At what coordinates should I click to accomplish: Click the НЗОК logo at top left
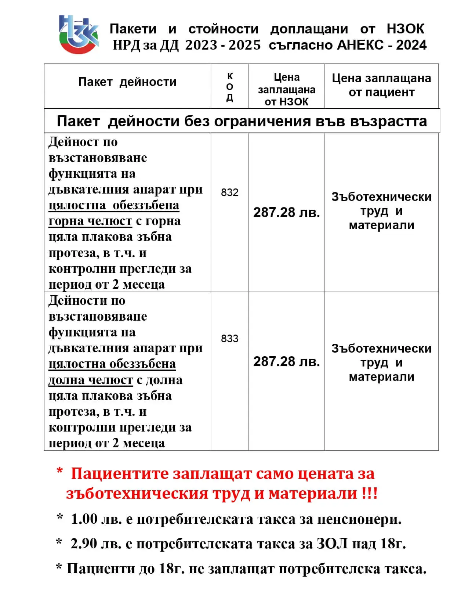click(79, 34)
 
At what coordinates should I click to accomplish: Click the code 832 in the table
click(230, 192)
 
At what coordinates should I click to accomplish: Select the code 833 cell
click(230, 338)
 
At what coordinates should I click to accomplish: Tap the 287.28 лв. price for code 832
click(286, 212)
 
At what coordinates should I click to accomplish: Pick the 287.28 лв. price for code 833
click(286, 361)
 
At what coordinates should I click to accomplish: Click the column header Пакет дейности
click(127, 82)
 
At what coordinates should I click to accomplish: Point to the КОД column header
click(230, 87)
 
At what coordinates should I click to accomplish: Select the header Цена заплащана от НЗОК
click(286, 90)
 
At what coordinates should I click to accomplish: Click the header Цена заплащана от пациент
click(381, 85)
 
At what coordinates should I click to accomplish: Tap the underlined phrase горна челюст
click(90, 221)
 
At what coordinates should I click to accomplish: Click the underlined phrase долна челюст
click(91, 380)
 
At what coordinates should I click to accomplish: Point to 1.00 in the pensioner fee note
click(84, 519)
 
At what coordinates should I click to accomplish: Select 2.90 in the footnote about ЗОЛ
click(84, 544)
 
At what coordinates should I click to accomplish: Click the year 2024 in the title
click(411, 45)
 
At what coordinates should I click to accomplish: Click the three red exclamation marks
click(369, 493)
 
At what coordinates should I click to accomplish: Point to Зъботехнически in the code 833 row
click(381, 348)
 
